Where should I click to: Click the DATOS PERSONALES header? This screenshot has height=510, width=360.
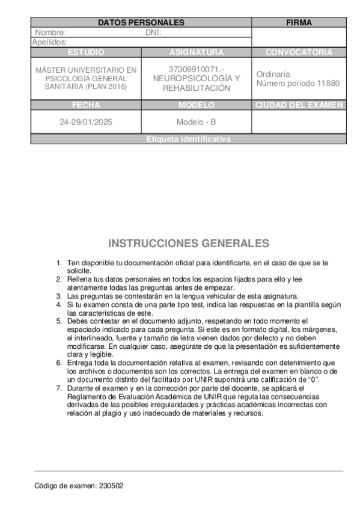pos(141,23)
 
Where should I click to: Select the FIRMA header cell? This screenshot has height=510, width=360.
pos(299,23)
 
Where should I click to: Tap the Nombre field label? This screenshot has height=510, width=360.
pos(50,32)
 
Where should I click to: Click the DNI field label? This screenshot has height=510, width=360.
pos(154,32)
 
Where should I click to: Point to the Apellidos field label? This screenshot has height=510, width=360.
pos(49,42)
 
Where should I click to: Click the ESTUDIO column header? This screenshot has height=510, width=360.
pos(86,52)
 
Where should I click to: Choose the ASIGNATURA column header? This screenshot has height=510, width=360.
pos(196,52)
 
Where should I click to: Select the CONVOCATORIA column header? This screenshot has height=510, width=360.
pos(299,52)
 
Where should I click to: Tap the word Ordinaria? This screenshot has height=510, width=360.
pos(273,74)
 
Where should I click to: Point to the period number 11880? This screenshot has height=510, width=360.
pos(328,83)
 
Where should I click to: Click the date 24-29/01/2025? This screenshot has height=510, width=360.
pos(86,122)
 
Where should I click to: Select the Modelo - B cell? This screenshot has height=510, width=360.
pos(196,122)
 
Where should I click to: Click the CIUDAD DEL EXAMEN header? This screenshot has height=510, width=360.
pos(299,105)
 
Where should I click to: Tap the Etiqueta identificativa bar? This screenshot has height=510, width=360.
pos(188,139)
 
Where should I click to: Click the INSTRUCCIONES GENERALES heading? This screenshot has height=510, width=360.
pos(188,244)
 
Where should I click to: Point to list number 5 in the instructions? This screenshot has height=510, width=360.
pos(59,321)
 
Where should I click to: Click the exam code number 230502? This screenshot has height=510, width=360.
pos(112,485)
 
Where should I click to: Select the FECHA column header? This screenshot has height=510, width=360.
pos(86,105)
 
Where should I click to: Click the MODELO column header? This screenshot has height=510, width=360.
pos(196,105)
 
